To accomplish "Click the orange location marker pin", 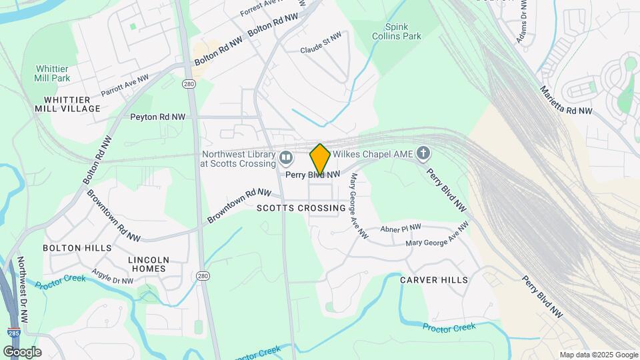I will pyautogui.click(x=320, y=159).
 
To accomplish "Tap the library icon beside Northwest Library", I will pyautogui.click(x=286, y=158).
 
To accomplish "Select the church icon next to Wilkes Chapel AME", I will pyautogui.click(x=423, y=154).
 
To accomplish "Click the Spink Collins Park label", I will pyautogui.click(x=397, y=31).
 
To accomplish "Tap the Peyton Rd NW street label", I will pyautogui.click(x=158, y=117).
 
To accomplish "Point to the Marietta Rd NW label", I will pyautogui.click(x=565, y=101).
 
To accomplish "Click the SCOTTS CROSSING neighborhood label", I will pyautogui.click(x=301, y=208).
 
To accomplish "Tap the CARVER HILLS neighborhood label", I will pyautogui.click(x=434, y=280).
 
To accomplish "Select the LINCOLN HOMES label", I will pyautogui.click(x=147, y=264).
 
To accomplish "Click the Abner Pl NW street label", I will pyautogui.click(x=401, y=228).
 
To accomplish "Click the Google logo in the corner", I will pyautogui.click(x=22, y=351).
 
